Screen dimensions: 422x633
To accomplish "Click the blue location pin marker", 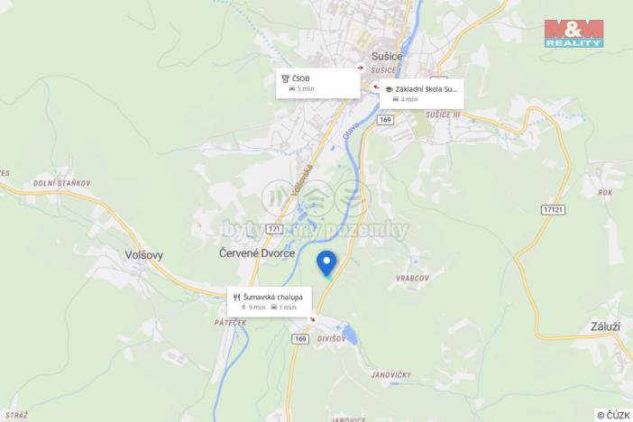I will pos(326,262).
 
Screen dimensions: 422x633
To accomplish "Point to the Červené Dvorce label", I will pos(257,254).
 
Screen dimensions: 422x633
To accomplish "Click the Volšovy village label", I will pos(143,254).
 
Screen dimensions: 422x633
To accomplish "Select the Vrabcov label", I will pos(410,279).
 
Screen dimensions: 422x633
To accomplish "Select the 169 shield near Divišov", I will pos(300,338).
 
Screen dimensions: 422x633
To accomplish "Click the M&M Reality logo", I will pos(573,33).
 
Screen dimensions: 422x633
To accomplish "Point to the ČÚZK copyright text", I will pos(613,415).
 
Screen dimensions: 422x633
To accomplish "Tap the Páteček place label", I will pos(231,322).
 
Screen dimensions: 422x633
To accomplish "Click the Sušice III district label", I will pos(444,115).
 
